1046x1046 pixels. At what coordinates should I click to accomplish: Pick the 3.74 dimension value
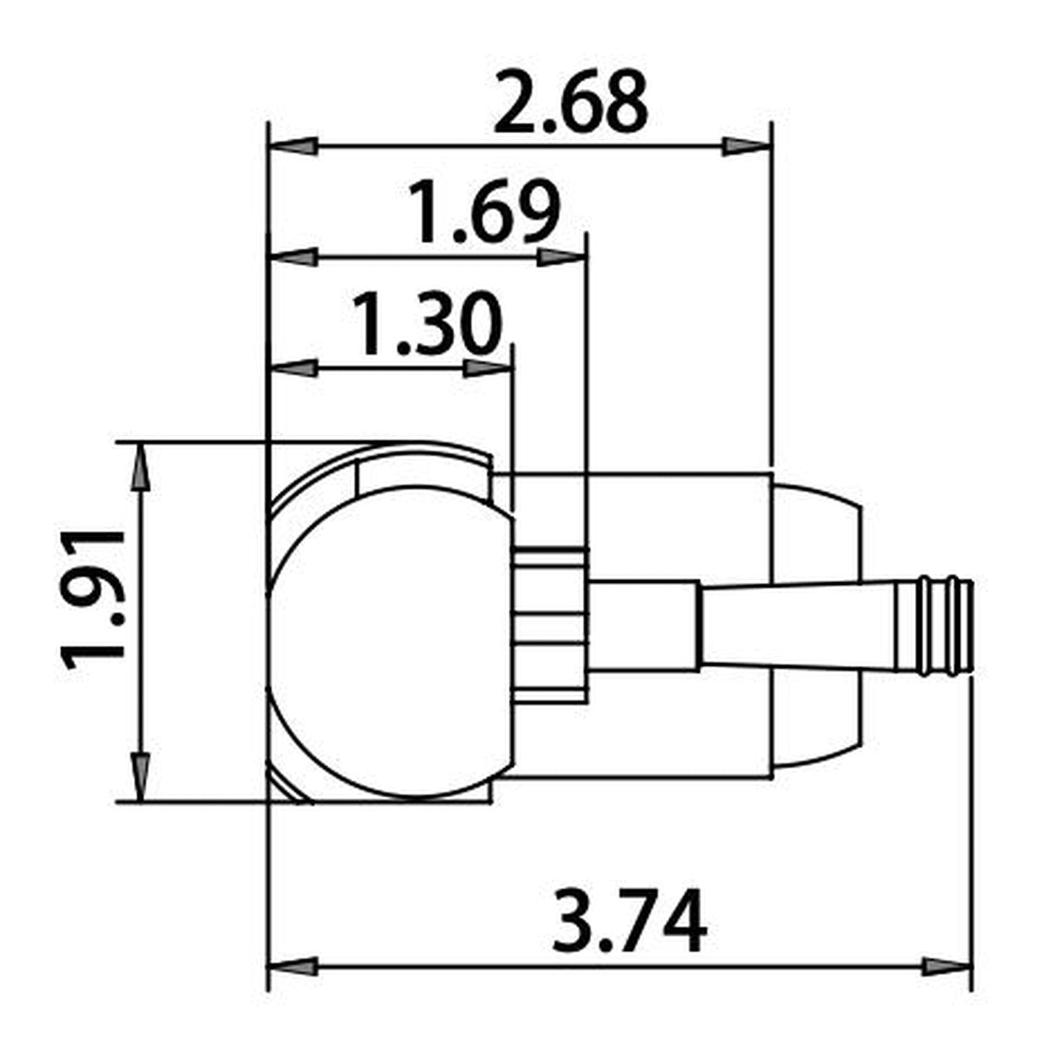pyautogui.click(x=629, y=923)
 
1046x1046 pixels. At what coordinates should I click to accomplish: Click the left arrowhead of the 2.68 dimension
pyautogui.click(x=294, y=146)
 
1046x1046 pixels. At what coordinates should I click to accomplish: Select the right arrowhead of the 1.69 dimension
pyautogui.click(x=560, y=257)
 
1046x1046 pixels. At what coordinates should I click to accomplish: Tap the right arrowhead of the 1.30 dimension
pyautogui.click(x=487, y=368)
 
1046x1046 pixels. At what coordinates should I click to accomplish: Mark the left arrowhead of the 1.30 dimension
pyautogui.click(x=294, y=368)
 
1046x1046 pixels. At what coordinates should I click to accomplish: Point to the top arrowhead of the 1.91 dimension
pyautogui.click(x=140, y=468)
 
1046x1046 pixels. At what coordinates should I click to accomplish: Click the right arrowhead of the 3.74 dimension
pyautogui.click(x=945, y=966)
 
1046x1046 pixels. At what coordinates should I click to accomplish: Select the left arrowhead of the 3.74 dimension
pyautogui.click(x=294, y=966)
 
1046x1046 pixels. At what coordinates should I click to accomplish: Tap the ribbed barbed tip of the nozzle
pyautogui.click(x=944, y=626)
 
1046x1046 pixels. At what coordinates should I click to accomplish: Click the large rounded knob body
pyautogui.click(x=387, y=644)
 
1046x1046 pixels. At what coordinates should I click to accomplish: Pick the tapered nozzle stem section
pyautogui.click(x=796, y=626)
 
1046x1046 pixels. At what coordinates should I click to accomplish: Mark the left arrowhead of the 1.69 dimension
pyautogui.click(x=294, y=257)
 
